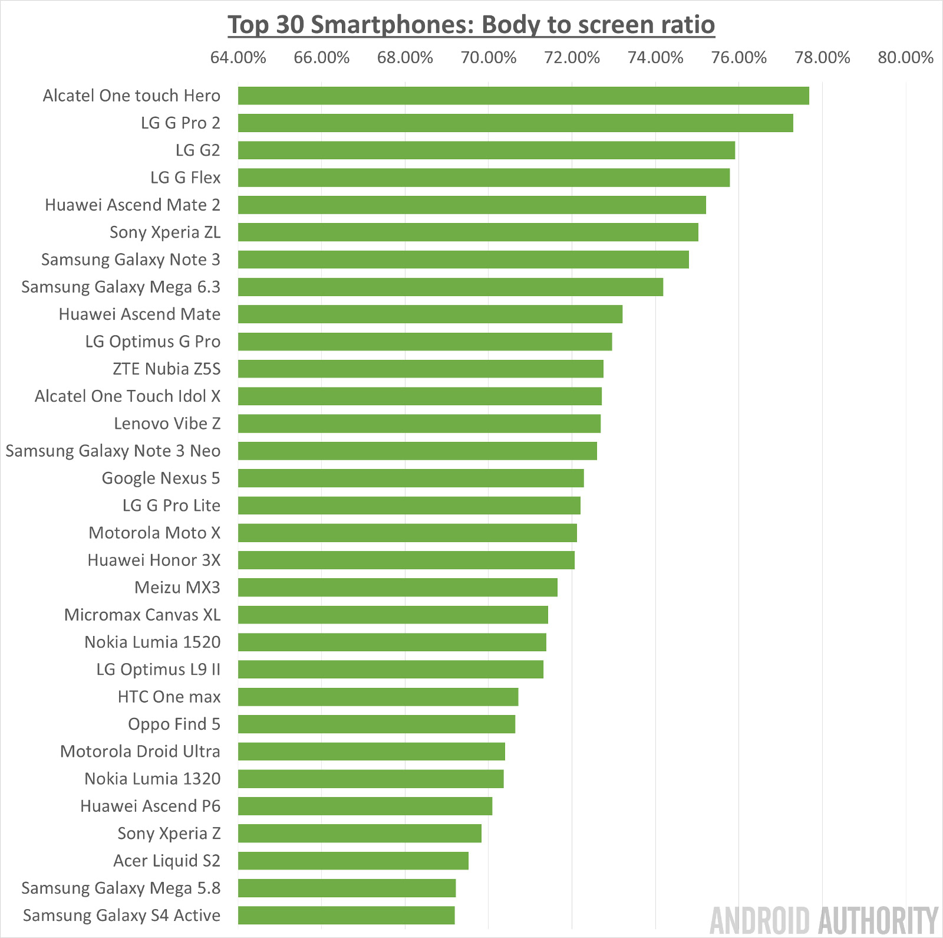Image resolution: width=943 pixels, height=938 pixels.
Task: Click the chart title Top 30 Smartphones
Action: point(471,25)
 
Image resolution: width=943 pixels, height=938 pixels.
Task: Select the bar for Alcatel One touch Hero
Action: point(523,96)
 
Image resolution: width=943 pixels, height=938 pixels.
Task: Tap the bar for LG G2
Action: point(486,150)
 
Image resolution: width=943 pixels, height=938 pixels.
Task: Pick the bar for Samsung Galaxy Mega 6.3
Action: point(450,287)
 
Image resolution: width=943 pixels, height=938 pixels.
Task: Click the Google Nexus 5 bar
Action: point(411,478)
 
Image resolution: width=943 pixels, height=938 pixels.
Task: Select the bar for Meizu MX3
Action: point(398,588)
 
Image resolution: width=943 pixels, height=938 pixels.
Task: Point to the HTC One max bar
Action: point(378,697)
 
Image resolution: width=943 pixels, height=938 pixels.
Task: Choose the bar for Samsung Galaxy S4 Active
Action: point(346,916)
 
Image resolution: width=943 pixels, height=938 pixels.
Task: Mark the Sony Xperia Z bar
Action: point(360,834)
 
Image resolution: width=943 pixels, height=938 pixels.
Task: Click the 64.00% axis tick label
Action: point(238,58)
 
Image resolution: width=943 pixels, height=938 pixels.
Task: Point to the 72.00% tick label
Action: point(572,58)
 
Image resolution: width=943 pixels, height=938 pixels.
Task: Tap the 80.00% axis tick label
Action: point(905,58)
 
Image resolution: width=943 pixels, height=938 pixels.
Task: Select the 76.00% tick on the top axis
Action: point(738,58)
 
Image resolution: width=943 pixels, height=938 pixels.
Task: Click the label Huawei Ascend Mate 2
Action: point(133,205)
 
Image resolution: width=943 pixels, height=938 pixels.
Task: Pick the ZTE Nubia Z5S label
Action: point(166,369)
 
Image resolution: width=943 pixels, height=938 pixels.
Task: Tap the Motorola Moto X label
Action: point(154,533)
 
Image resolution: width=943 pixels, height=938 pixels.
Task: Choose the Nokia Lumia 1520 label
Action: point(152,642)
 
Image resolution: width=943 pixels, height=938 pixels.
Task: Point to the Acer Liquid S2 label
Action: point(167,861)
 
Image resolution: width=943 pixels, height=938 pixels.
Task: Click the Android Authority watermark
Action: point(823,920)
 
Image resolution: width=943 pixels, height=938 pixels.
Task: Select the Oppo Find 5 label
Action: point(174,724)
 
